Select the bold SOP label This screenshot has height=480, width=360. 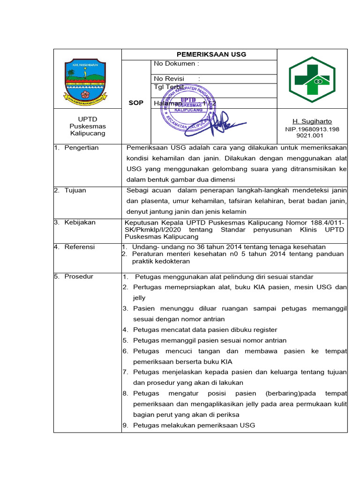[x=135, y=103]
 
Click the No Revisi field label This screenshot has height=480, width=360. [x=169, y=78]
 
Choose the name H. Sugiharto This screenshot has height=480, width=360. [x=312, y=121]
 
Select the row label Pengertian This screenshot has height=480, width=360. [x=82, y=148]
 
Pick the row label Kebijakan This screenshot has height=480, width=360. [x=80, y=222]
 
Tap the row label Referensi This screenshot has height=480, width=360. [x=80, y=247]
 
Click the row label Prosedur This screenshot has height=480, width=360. [x=79, y=277]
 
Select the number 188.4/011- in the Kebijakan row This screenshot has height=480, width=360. [x=327, y=223]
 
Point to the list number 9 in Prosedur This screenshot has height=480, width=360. [x=125, y=426]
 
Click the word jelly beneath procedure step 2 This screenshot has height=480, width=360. [x=139, y=298]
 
